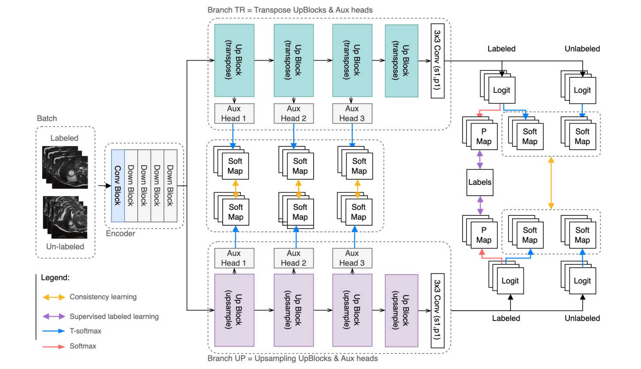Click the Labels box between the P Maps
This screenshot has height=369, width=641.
coord(480,182)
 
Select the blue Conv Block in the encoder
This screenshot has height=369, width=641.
coord(118,185)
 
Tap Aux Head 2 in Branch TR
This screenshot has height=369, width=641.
coord(293,114)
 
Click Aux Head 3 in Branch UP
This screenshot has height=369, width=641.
coord(352,258)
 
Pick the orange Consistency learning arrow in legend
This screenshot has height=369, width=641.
coord(54,297)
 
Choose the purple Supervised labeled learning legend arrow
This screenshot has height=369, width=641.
coord(54,317)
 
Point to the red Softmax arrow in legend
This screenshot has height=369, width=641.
coord(54,346)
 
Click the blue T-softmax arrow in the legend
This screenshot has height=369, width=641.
coord(54,331)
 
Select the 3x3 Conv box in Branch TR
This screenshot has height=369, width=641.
coord(437,60)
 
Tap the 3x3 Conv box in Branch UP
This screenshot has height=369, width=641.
coord(437,310)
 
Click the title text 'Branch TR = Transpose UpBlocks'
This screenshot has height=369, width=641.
coord(290,10)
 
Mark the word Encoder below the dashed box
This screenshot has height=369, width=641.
coord(120,233)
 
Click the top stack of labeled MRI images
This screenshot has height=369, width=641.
coord(65,167)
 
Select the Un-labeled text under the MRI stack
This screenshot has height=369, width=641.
coord(65,247)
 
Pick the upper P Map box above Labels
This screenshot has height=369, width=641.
coord(484,136)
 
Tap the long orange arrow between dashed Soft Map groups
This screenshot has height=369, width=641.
coord(551,183)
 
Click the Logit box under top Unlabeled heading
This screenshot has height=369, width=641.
coord(582,90)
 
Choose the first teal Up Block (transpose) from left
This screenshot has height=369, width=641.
coord(234,60)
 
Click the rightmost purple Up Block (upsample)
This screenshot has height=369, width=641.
coord(402,310)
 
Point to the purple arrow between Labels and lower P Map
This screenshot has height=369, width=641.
coord(480,205)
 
